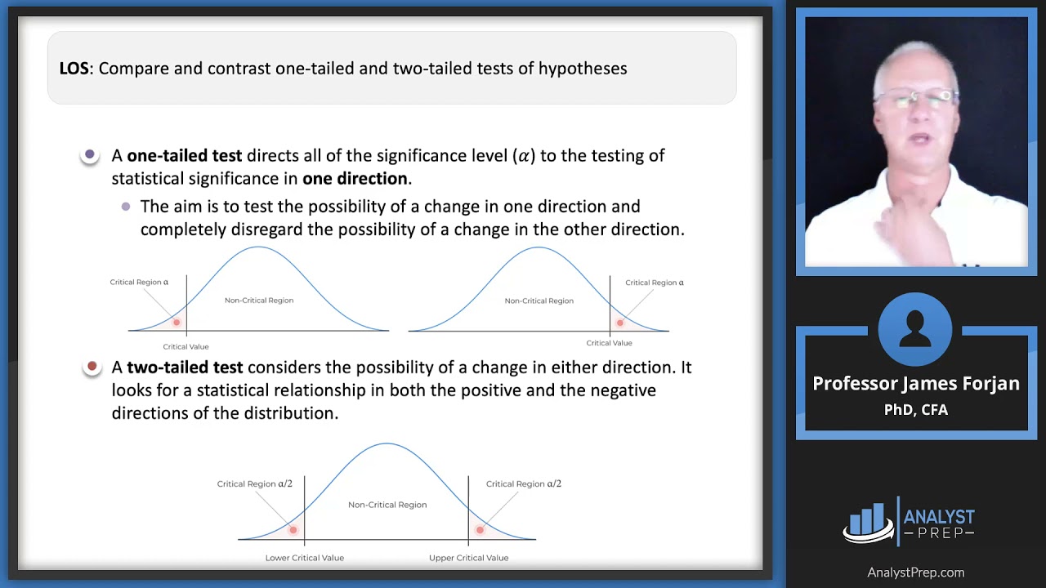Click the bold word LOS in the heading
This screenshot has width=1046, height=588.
coord(74,69)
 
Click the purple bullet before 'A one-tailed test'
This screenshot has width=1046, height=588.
coord(90,154)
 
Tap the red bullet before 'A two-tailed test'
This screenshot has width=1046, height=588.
coord(92,366)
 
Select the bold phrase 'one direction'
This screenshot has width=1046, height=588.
coord(355,178)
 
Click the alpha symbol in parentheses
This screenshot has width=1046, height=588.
coord(523,155)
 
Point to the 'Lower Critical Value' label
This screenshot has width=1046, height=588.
coord(304,558)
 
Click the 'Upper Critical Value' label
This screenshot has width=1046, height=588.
coord(468,558)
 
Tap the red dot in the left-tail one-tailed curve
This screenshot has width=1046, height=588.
coord(176,323)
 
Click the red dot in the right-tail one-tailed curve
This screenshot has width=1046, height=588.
coord(619,323)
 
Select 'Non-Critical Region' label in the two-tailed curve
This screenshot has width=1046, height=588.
coord(387,505)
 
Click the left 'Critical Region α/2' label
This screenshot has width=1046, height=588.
coord(254,483)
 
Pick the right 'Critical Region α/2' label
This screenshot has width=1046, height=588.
coord(523,483)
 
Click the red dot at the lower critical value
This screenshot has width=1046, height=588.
coord(293,530)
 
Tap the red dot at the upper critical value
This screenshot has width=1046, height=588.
coord(480,530)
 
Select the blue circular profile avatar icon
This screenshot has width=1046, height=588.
coord(915,329)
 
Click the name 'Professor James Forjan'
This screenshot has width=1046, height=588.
coord(915,384)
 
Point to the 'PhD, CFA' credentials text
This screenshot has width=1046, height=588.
coord(915,410)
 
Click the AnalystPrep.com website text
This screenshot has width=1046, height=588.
coord(915,572)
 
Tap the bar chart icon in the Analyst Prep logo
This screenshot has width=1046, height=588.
coord(867,520)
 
